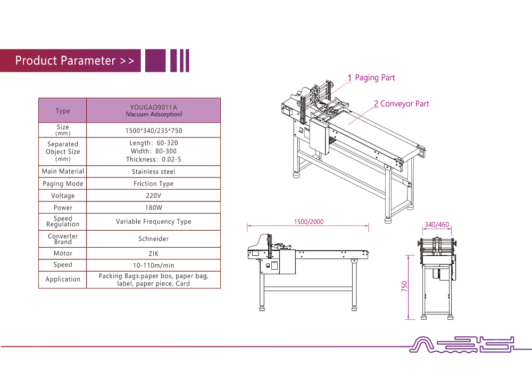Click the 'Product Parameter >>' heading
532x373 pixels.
pyautogui.click(x=74, y=61)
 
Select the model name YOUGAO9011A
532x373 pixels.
pyautogui.click(x=154, y=107)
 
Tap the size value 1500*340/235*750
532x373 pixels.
pyautogui.click(x=154, y=131)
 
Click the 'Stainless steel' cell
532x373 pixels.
pyautogui.click(x=154, y=172)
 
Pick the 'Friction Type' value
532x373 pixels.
pyautogui.click(x=154, y=184)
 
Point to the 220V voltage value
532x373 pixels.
pyautogui.click(x=154, y=196)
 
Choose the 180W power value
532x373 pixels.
pyautogui.click(x=154, y=208)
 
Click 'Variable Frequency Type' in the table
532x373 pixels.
pyautogui.click(x=154, y=222)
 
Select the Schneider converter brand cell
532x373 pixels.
pyautogui.click(x=154, y=239)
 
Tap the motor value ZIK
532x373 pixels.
pyautogui.click(x=154, y=254)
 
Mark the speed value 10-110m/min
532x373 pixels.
pyautogui.click(x=154, y=265)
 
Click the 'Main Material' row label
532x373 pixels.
pyautogui.click(x=63, y=172)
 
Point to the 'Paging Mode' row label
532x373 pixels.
pyautogui.click(x=63, y=184)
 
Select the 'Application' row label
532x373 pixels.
pyautogui.click(x=63, y=279)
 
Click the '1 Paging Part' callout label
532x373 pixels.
pyautogui.click(x=371, y=78)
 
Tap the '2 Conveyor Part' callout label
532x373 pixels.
pyautogui.click(x=401, y=104)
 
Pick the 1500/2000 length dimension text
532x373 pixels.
pyautogui.click(x=309, y=222)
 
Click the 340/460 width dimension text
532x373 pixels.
pyautogui.click(x=437, y=224)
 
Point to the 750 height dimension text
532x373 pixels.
pyautogui.click(x=404, y=286)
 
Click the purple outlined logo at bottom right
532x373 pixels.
pyautogui.click(x=461, y=345)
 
